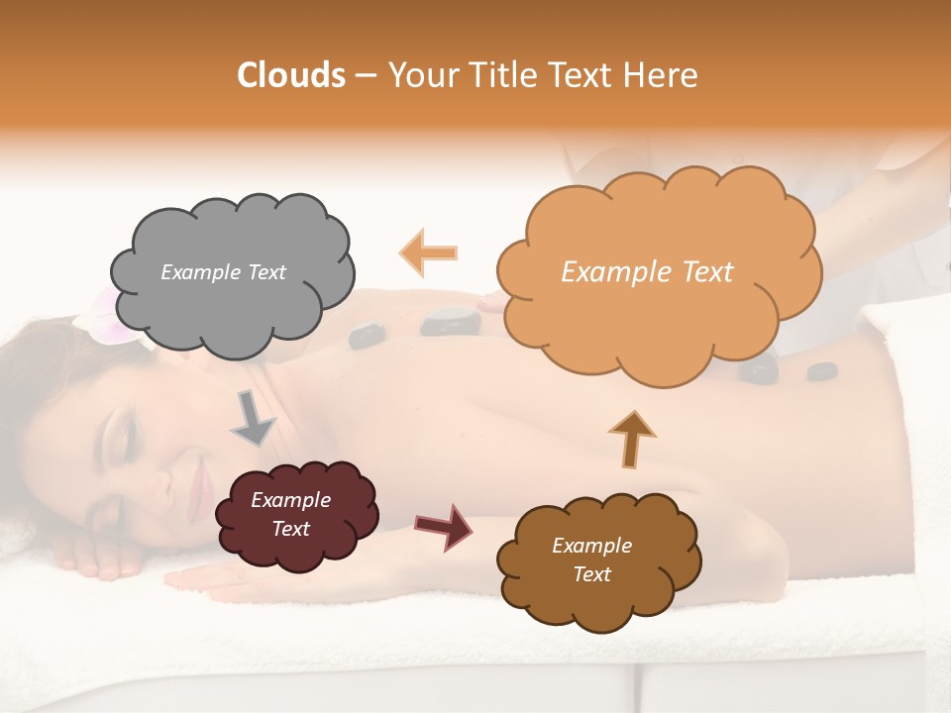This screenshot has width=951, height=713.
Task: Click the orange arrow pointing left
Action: coord(429,253)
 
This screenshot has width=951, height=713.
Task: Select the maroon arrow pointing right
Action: coord(444,526)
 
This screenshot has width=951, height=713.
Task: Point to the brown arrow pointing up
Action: coord(631,438)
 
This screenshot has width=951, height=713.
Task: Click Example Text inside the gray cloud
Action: coord(223,272)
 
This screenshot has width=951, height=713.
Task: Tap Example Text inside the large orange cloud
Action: coord(647,272)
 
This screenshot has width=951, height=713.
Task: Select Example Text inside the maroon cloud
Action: coord(290,515)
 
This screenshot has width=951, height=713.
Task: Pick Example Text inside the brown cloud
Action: coord(591,560)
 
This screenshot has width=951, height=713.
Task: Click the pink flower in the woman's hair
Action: coord(104,315)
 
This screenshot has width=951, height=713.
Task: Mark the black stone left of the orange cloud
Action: coord(451,321)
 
